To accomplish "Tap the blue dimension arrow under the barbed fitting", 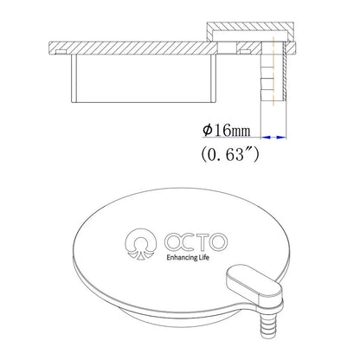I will pos(274,135).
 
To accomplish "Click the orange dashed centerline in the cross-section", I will pos(275,78).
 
